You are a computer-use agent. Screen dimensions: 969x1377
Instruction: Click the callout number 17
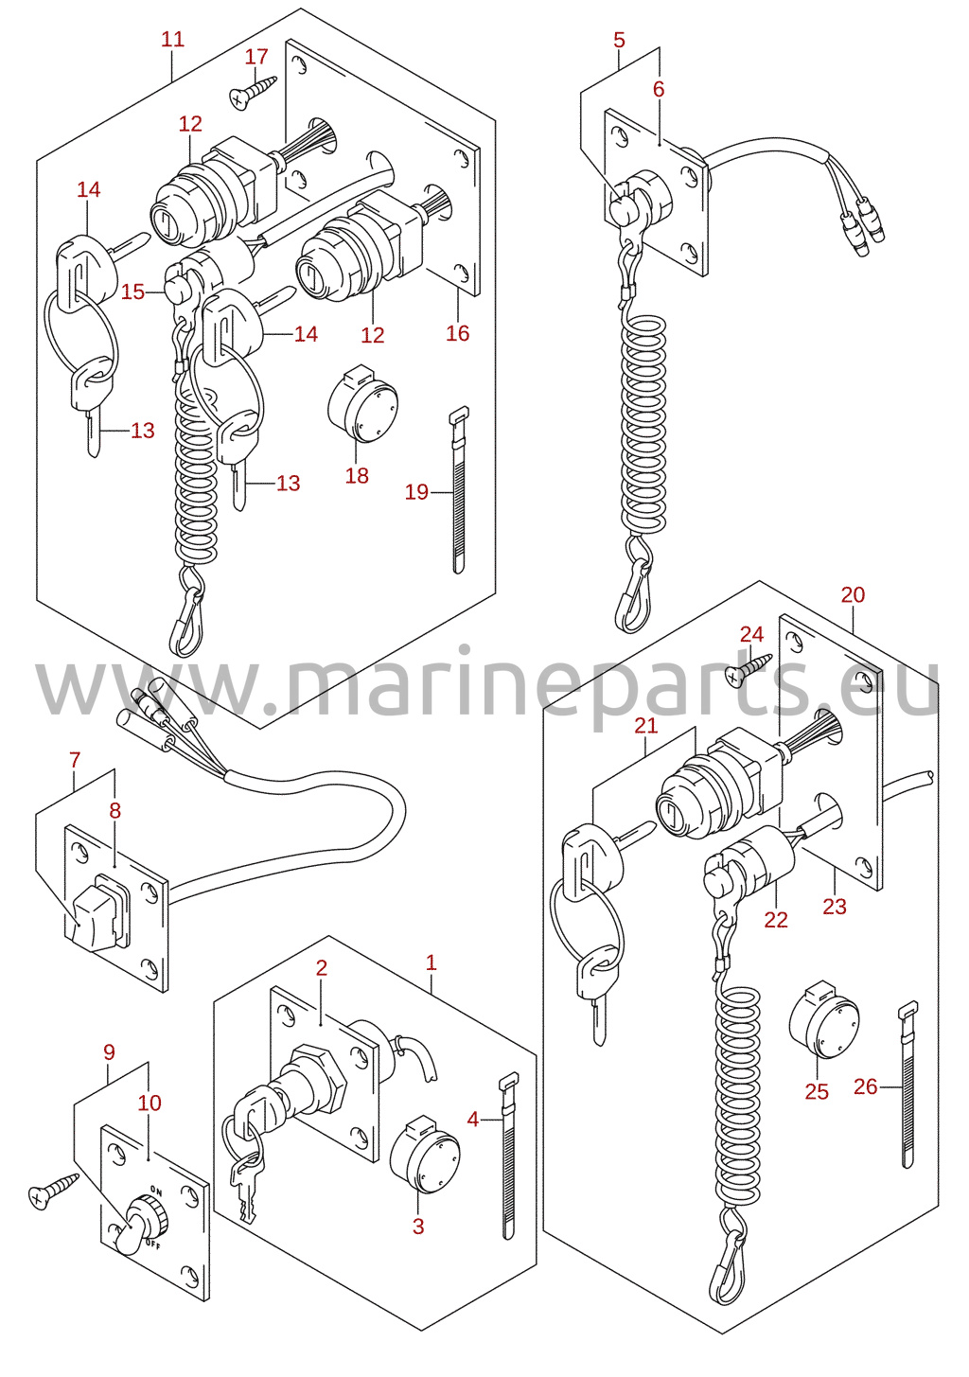(x=256, y=57)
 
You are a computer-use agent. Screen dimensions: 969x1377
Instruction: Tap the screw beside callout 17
(x=253, y=92)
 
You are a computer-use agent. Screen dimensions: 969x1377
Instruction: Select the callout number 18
(x=357, y=475)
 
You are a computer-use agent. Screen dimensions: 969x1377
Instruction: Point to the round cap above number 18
(x=362, y=403)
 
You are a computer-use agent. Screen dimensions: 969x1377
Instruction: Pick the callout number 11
(x=173, y=40)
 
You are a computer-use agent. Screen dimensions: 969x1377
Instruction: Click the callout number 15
(x=132, y=291)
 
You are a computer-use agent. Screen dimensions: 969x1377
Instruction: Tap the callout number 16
(x=457, y=333)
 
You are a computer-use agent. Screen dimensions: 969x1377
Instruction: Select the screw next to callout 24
(x=749, y=669)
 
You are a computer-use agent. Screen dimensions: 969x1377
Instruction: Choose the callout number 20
(x=853, y=594)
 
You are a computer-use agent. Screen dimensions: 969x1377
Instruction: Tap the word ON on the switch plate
(x=156, y=1192)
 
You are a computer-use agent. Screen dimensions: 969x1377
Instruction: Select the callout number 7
(x=75, y=760)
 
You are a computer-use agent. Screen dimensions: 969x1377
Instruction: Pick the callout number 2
(x=321, y=967)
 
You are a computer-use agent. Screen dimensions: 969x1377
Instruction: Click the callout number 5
(x=619, y=40)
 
